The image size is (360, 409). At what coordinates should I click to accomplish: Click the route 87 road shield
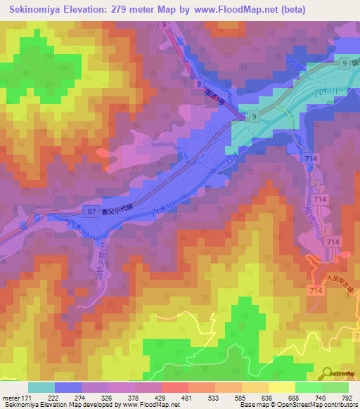91,211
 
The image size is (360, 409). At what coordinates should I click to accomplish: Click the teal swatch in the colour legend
41,387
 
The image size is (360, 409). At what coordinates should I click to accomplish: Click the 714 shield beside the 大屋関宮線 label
314,289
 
